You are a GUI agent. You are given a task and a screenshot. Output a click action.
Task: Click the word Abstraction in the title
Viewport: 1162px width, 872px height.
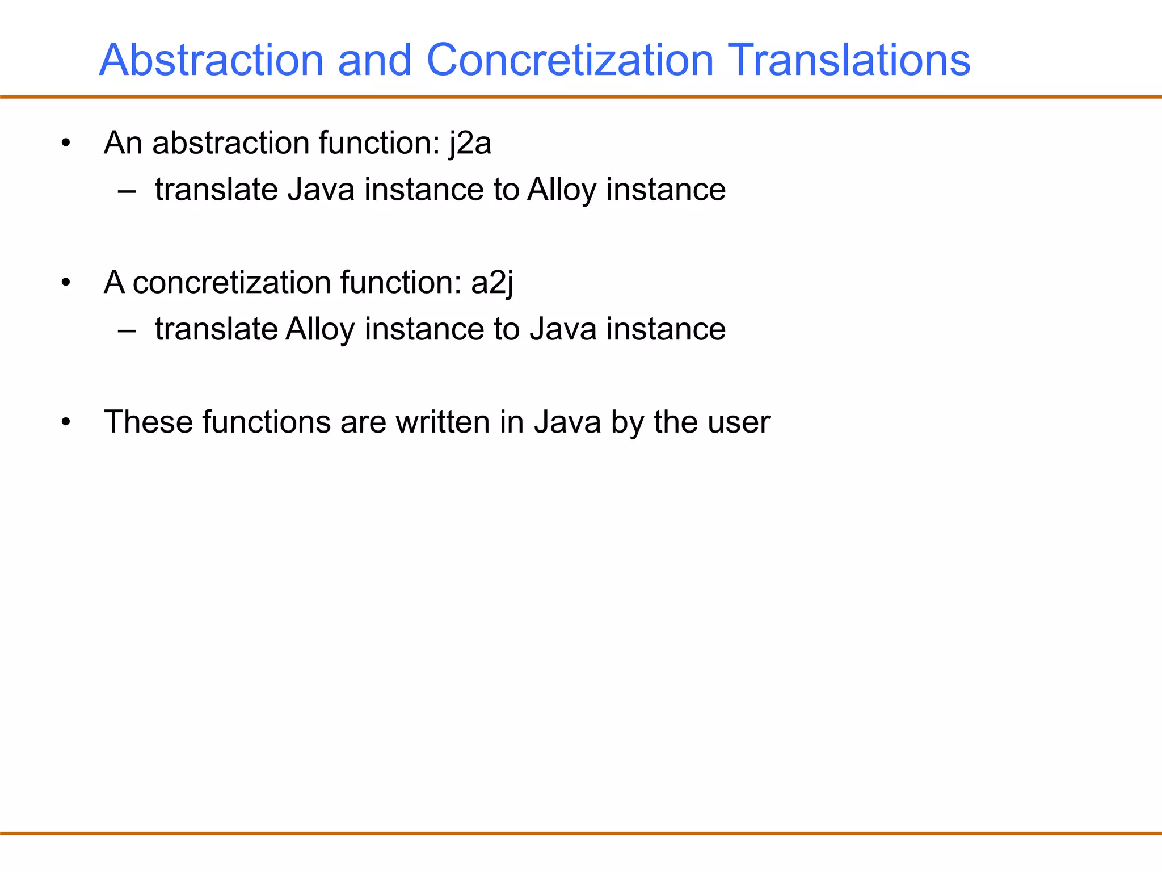pos(211,60)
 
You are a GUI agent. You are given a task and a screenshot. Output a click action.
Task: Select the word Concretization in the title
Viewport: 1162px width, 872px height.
pos(570,60)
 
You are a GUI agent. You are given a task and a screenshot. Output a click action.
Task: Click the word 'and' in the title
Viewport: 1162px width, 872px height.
pos(374,60)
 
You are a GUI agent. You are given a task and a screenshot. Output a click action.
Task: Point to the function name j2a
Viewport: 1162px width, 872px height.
pos(470,143)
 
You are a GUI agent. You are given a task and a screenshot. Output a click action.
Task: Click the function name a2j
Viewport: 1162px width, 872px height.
pos(492,283)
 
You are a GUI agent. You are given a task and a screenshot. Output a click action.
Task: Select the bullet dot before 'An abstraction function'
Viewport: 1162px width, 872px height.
pos(66,144)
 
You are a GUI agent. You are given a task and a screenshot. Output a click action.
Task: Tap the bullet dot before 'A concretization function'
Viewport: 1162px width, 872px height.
pos(66,283)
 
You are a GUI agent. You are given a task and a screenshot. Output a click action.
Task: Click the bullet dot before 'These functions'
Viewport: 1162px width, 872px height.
pos(66,422)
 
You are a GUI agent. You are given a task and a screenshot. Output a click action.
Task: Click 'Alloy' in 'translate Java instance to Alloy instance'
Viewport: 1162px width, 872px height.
pos(562,190)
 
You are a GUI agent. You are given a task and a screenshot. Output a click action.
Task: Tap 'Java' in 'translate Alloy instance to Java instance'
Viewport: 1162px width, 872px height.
pos(563,329)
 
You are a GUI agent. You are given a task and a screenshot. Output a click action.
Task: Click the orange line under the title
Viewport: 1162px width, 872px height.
pos(581,97)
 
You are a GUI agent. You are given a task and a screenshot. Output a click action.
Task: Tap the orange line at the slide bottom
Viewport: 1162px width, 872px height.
pos(581,833)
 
